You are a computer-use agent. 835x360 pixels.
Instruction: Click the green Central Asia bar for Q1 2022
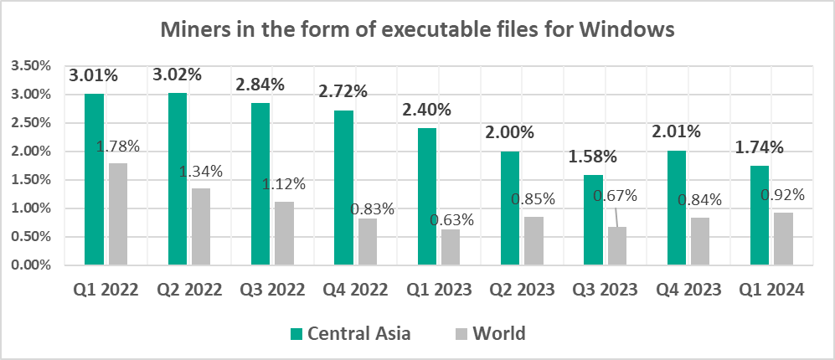[94, 179]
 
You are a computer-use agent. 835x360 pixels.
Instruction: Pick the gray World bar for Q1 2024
[782, 239]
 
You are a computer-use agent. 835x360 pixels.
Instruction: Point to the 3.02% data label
[177, 75]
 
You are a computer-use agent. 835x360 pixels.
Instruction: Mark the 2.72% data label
[343, 91]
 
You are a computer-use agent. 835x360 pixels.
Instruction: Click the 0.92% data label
[782, 195]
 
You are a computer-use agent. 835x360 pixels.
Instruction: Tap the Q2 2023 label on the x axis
[521, 291]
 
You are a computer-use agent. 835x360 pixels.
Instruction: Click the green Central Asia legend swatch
[296, 334]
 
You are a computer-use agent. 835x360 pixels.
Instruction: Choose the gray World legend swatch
[460, 334]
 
